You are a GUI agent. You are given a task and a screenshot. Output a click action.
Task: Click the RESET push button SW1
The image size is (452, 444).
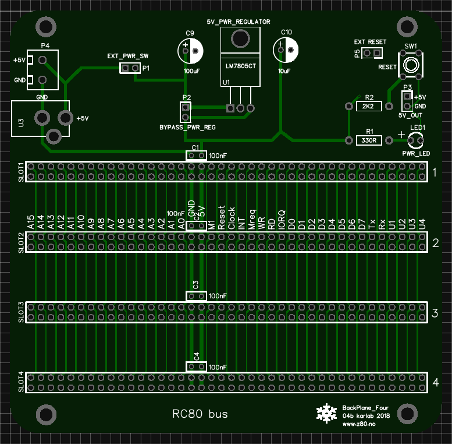coord(410,64)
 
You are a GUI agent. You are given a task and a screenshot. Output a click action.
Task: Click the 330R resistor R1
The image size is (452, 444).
coord(368,140)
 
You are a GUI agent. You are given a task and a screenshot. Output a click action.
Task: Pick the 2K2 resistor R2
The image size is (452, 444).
coord(368,107)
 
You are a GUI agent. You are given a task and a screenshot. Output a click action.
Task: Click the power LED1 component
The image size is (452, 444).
coord(416,140)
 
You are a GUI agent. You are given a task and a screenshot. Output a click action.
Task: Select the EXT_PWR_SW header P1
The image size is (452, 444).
coord(130,68)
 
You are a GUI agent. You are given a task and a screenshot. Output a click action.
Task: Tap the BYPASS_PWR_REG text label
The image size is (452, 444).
coord(187,126)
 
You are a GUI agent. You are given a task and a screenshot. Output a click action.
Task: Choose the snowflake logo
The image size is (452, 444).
coord(326,413)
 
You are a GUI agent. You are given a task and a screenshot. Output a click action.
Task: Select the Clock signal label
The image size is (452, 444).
coord(231,218)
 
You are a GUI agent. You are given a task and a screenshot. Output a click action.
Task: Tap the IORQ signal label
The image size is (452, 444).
coord(282,220)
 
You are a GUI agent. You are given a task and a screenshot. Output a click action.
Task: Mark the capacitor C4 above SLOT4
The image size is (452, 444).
coord(196,367)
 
